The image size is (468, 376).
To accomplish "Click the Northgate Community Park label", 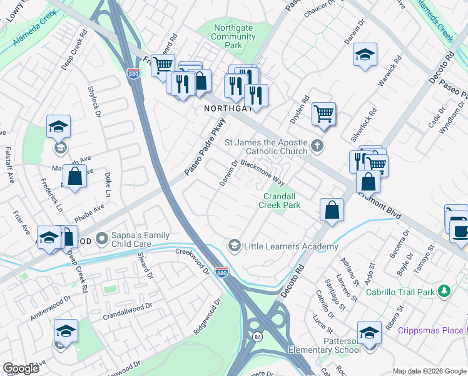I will coord(233,36).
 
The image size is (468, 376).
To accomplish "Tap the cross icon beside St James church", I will coord(318,147).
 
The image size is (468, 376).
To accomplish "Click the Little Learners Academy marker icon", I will coord(235,246).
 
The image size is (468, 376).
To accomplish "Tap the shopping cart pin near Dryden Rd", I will coord(323,114).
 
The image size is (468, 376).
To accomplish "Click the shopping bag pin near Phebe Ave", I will coord(74,177).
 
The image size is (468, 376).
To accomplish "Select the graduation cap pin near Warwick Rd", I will coord(365,55).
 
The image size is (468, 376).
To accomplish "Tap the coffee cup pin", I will coord(461,231).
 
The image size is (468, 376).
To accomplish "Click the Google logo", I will coord(21,368).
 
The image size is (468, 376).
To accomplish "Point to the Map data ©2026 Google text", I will coord(429,371).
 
